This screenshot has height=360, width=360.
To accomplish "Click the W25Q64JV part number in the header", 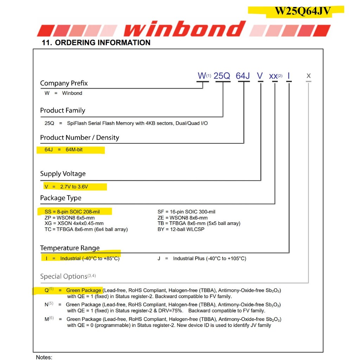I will (x=302, y=11).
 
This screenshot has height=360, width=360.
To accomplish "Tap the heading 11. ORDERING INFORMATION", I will (x=96, y=43).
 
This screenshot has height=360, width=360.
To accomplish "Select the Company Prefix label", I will (x=64, y=83).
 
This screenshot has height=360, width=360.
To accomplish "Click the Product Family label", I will (x=63, y=110).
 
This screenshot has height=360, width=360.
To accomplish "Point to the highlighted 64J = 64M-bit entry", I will (x=64, y=150).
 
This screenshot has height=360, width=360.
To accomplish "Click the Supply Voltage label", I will (x=63, y=174).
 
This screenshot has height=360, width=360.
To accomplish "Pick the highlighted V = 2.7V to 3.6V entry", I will (x=66, y=187).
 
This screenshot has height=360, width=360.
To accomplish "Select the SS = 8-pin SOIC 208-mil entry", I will (x=72, y=212).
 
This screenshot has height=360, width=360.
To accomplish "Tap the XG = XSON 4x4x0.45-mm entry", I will (x=74, y=223).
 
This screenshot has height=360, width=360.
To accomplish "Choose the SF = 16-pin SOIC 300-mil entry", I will (x=186, y=212).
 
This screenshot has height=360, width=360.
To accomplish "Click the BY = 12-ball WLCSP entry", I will (x=181, y=229).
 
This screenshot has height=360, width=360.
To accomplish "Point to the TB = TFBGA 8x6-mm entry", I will (x=199, y=223).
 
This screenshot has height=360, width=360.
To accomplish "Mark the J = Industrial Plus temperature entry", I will (x=202, y=258).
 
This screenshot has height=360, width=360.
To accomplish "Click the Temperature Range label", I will (x=70, y=248).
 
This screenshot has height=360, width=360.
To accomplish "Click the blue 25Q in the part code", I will (x=222, y=76).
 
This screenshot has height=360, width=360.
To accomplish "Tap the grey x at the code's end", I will (x=309, y=76).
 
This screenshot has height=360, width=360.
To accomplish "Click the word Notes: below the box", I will (x=44, y=357).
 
